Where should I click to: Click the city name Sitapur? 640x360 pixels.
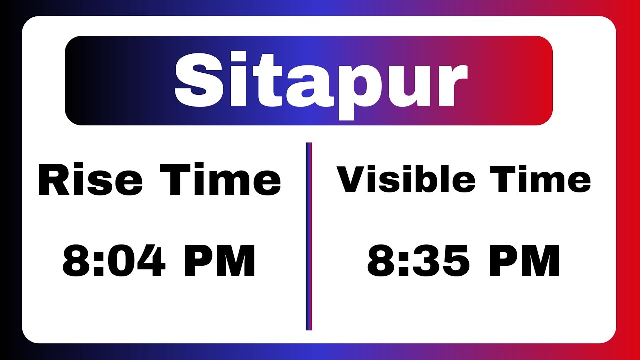coord(320,81)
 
